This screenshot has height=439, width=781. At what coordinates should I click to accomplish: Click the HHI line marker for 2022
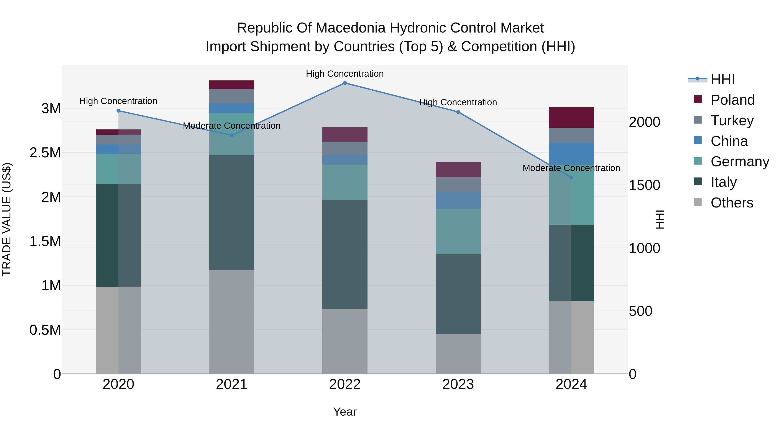[x=345, y=83]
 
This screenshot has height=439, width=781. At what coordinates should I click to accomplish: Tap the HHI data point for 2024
[x=571, y=178]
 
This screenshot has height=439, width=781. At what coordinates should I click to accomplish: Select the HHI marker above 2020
[x=118, y=111]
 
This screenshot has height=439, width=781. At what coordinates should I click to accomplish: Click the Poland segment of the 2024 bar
[x=571, y=118]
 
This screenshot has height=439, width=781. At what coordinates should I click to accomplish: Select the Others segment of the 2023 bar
[x=458, y=354]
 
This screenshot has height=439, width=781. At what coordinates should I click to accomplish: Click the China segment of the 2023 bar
[x=458, y=200]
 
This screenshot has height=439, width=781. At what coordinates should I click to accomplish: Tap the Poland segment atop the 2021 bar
[x=232, y=85]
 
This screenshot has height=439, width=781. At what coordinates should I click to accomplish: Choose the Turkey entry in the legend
[x=732, y=121]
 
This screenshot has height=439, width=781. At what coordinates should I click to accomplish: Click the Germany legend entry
[x=740, y=162]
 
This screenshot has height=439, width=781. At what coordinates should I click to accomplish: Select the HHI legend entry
[x=722, y=79]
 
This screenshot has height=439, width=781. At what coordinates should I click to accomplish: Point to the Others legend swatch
[x=698, y=202]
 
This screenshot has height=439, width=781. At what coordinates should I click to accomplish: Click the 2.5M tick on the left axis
[x=45, y=153]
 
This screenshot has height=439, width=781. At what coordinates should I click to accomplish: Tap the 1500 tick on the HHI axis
[x=644, y=185]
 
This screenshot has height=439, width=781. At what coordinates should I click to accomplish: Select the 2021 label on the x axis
[x=232, y=384]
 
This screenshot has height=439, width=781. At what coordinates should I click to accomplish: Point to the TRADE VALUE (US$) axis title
[x=7, y=219]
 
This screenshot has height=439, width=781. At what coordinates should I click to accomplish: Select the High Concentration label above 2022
[x=345, y=74]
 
